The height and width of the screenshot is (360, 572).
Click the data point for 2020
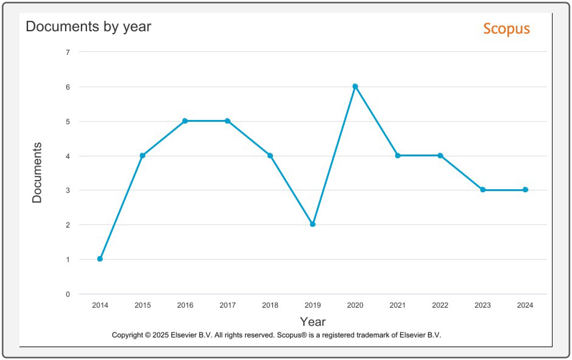point(355,87)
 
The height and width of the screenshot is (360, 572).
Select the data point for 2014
point(100,259)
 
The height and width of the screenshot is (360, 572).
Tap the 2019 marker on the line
point(312,224)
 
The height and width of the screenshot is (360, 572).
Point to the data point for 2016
point(185,121)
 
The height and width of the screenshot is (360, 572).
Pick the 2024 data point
point(526,190)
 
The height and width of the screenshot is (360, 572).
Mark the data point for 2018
point(270,156)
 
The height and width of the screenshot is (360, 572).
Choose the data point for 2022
point(440,156)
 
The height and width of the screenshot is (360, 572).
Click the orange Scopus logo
point(506,29)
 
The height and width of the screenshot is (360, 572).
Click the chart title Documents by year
point(88,26)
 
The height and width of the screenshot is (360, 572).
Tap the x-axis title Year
point(312,322)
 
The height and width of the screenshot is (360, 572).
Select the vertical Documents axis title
point(37,173)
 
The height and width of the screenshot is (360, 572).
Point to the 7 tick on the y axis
point(68,52)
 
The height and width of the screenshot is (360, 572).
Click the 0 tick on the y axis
point(68,294)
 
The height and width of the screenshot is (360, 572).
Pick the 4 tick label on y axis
point(68,156)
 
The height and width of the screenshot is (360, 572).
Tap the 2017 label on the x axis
point(228,305)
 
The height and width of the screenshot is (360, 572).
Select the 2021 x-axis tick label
point(397,305)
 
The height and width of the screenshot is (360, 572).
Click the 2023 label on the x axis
point(483,305)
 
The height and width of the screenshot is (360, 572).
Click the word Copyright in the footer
point(127,335)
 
